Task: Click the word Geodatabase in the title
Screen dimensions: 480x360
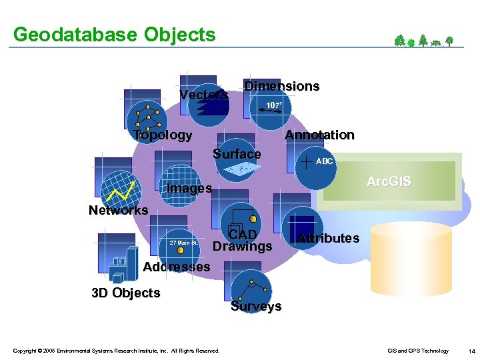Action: [x=75, y=34]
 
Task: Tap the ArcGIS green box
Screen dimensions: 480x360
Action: [x=389, y=181]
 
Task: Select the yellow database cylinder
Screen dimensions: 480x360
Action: [x=411, y=259]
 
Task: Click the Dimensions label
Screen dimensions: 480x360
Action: [x=282, y=86]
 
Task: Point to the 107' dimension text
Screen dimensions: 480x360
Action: [x=273, y=105]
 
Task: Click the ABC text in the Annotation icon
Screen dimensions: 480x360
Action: [x=324, y=161]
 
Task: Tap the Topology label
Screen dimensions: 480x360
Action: [x=163, y=135]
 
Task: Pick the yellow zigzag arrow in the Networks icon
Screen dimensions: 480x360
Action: [x=121, y=191]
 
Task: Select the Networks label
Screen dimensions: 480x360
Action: [x=119, y=210]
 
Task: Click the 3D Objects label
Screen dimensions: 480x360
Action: [x=126, y=293]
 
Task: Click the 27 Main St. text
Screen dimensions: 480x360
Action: [x=184, y=243]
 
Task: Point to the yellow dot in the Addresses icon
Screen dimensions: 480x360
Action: [x=180, y=251]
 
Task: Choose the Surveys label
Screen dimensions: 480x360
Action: [x=256, y=306]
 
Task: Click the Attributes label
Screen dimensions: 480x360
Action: [x=329, y=238]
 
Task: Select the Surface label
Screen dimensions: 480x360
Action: [x=237, y=154]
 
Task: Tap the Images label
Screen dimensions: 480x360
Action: [x=189, y=188]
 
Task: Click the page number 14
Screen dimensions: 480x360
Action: [x=471, y=351]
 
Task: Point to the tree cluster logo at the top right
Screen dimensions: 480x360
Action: [x=424, y=41]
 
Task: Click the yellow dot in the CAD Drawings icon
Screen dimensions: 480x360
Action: [x=253, y=219]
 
